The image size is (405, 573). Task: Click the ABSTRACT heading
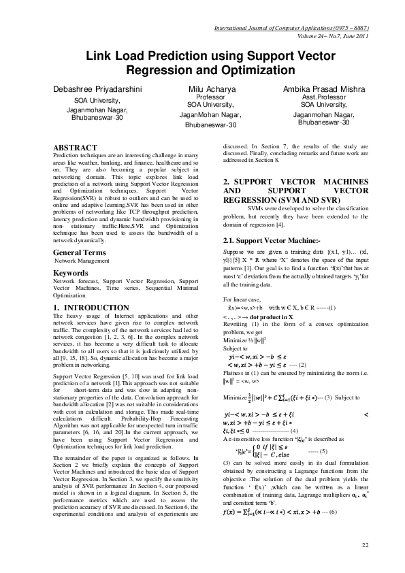pos(76,148)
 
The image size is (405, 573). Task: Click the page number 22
pos(365,545)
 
